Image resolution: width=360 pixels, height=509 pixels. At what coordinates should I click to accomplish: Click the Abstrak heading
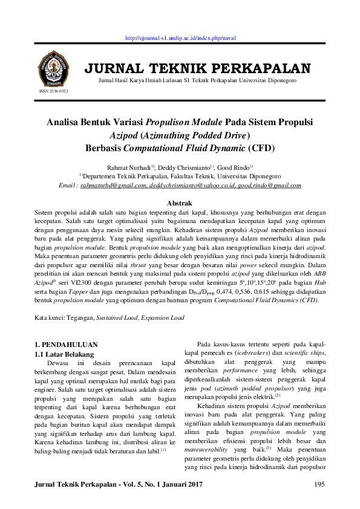180,203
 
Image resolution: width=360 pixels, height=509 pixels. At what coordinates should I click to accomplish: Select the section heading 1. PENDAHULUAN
68,345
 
